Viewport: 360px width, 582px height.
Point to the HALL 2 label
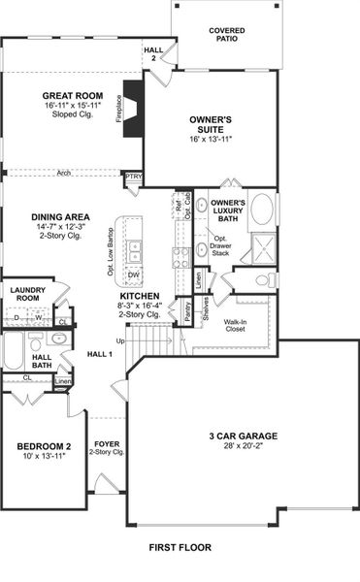153,53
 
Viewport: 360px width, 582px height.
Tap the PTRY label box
133,177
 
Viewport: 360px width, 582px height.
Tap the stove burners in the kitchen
180,257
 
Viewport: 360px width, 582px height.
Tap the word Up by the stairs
120,341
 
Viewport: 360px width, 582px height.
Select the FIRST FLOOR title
180,548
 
